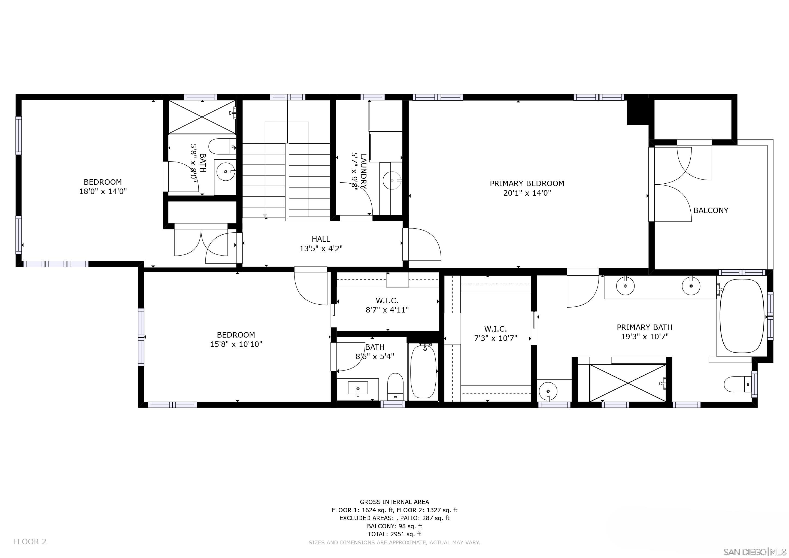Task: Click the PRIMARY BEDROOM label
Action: click(x=527, y=183)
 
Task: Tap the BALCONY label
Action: click(x=711, y=210)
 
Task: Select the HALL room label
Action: click(x=321, y=239)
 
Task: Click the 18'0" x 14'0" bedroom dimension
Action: click(x=103, y=191)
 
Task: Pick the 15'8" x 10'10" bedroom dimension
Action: click(x=236, y=344)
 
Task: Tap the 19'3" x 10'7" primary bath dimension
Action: click(x=645, y=337)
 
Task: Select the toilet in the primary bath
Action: click(x=738, y=384)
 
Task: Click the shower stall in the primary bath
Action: click(x=627, y=383)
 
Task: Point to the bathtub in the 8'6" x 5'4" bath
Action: click(x=423, y=372)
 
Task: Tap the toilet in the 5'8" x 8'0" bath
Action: click(x=222, y=146)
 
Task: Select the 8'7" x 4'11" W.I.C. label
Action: click(x=387, y=305)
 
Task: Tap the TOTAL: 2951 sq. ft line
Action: click(x=394, y=534)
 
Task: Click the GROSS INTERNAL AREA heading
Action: click(x=394, y=502)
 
